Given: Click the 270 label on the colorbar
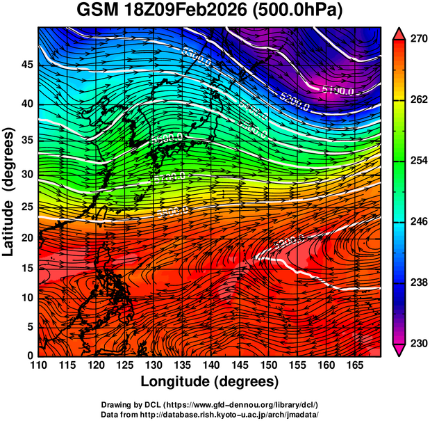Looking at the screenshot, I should click(414, 40).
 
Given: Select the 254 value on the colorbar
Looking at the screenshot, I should click(414, 161).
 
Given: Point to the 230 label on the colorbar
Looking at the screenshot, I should click(414, 343).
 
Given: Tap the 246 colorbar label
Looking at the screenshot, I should click(414, 221).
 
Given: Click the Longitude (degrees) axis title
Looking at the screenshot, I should click(210, 381).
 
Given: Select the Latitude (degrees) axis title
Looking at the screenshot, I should click(10, 192).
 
